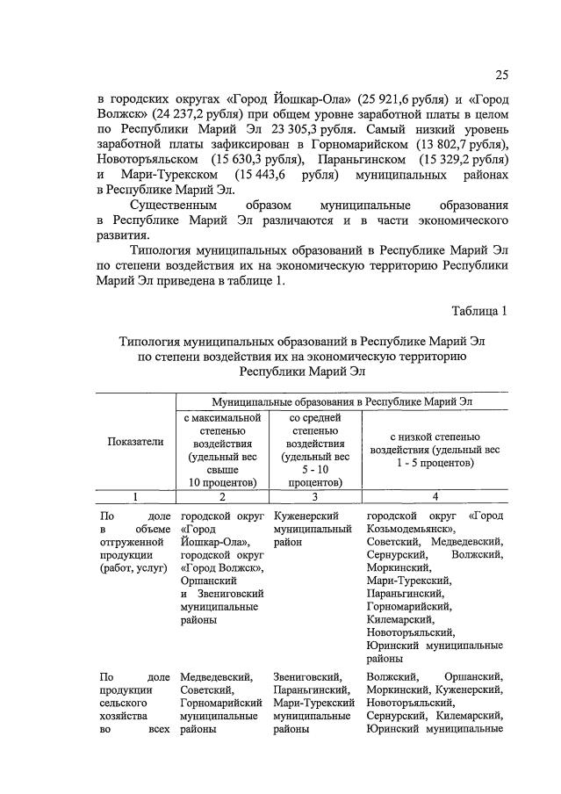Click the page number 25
tap(501, 74)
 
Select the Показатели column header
tap(136, 443)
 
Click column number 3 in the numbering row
tap(314, 496)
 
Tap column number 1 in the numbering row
tap(136, 496)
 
